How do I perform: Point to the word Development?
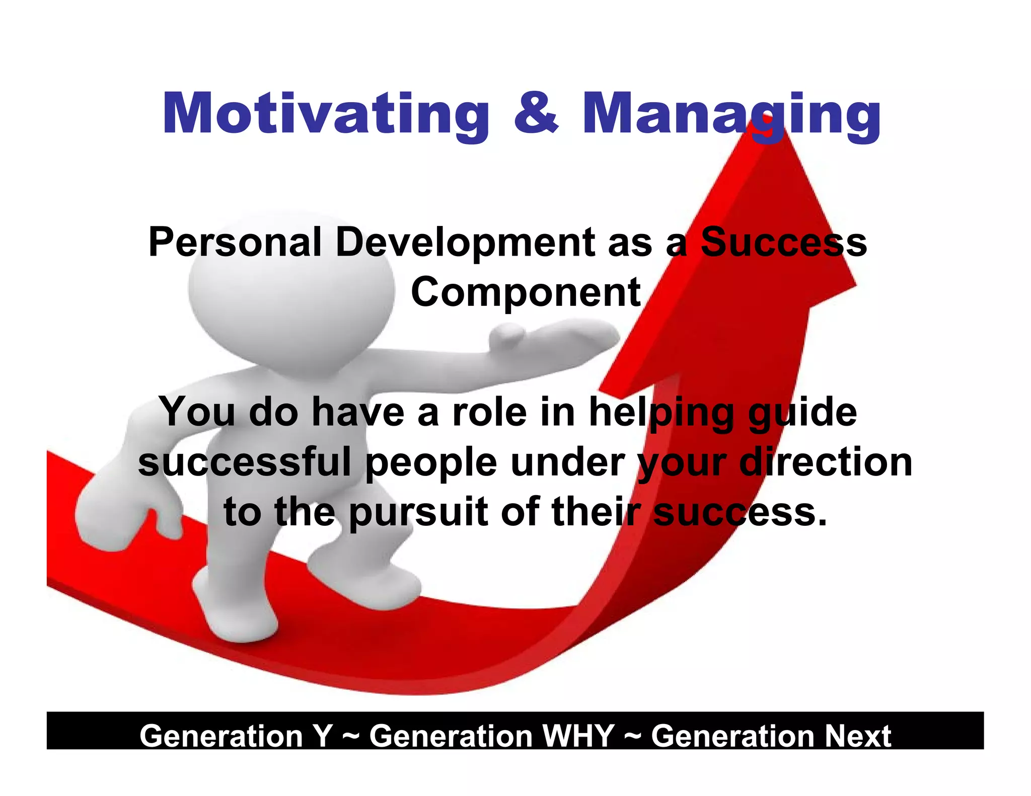466,243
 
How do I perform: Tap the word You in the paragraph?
199,412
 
